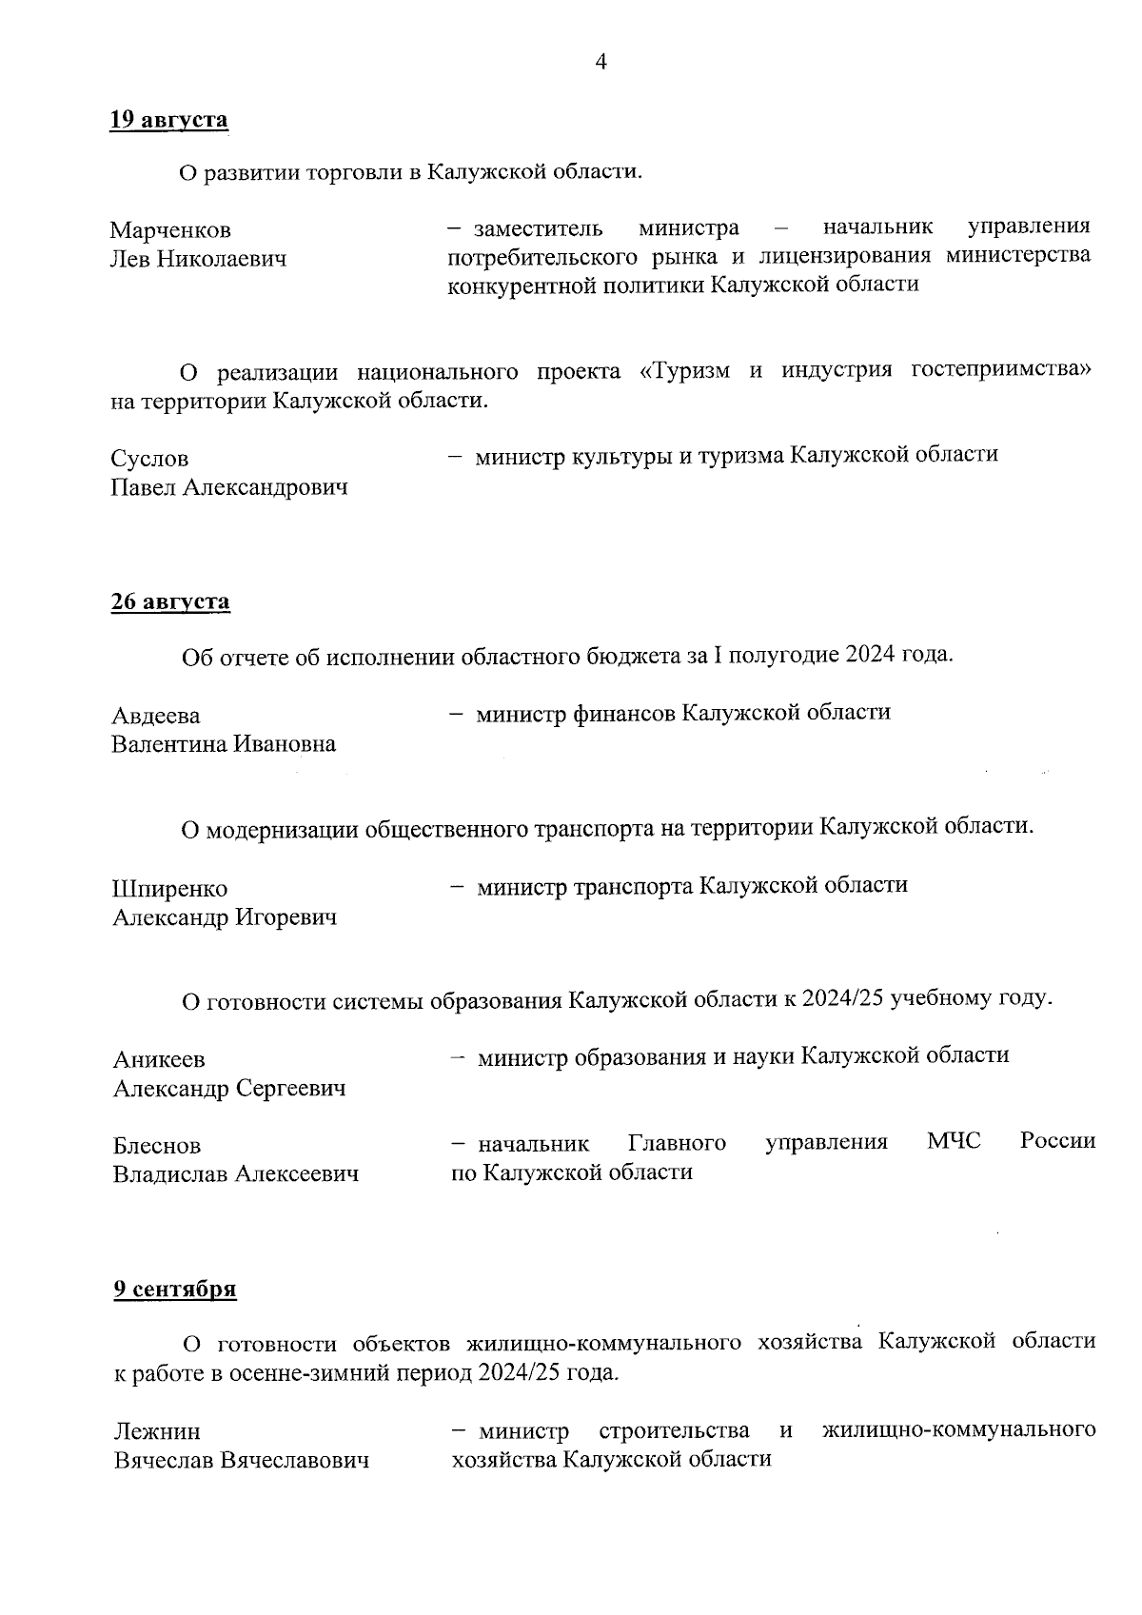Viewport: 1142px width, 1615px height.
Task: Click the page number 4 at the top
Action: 601,63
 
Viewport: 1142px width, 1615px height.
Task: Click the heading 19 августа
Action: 169,120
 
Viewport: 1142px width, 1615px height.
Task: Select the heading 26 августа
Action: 170,601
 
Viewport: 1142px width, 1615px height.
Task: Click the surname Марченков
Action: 170,230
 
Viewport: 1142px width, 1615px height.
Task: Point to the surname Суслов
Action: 149,459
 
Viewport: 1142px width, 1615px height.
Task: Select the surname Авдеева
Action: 156,716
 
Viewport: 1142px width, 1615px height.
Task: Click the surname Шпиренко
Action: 170,889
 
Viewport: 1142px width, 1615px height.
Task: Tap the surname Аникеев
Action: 159,1059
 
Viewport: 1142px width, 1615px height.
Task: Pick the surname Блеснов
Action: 157,1146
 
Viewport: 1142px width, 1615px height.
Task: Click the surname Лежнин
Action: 157,1431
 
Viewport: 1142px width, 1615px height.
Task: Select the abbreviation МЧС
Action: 954,1141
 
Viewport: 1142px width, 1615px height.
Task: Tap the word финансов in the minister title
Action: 624,713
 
